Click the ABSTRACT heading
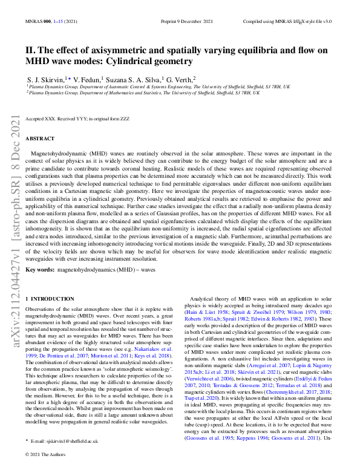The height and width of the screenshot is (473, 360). click(x=41, y=139)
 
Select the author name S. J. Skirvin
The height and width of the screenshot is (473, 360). click(x=48, y=79)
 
